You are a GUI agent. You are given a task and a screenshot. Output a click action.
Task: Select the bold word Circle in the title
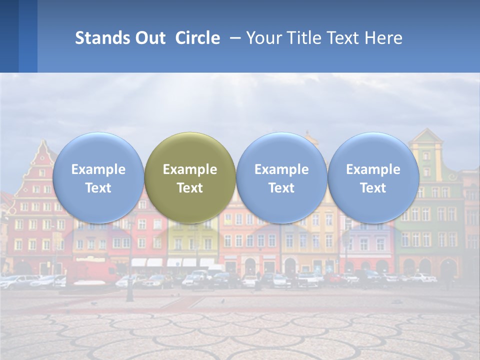coord(197,38)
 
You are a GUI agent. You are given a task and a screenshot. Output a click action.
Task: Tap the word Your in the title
coord(264,38)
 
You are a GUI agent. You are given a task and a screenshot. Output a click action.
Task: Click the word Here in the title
coord(384,38)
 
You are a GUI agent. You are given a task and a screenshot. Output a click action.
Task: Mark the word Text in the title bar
coord(344,38)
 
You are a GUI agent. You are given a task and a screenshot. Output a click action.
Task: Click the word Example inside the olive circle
coord(190,169)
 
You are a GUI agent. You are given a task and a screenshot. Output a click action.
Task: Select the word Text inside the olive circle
coord(190,188)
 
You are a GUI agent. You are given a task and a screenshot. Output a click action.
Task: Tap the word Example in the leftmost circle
coord(98,169)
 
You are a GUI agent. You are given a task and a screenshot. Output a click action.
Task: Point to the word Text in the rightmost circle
coord(373,188)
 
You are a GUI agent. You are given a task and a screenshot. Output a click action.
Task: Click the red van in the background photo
coord(92,272)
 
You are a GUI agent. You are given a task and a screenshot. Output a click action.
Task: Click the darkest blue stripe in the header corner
coord(9,36)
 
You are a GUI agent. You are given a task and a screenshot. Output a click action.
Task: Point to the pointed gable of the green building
coord(426,137)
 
